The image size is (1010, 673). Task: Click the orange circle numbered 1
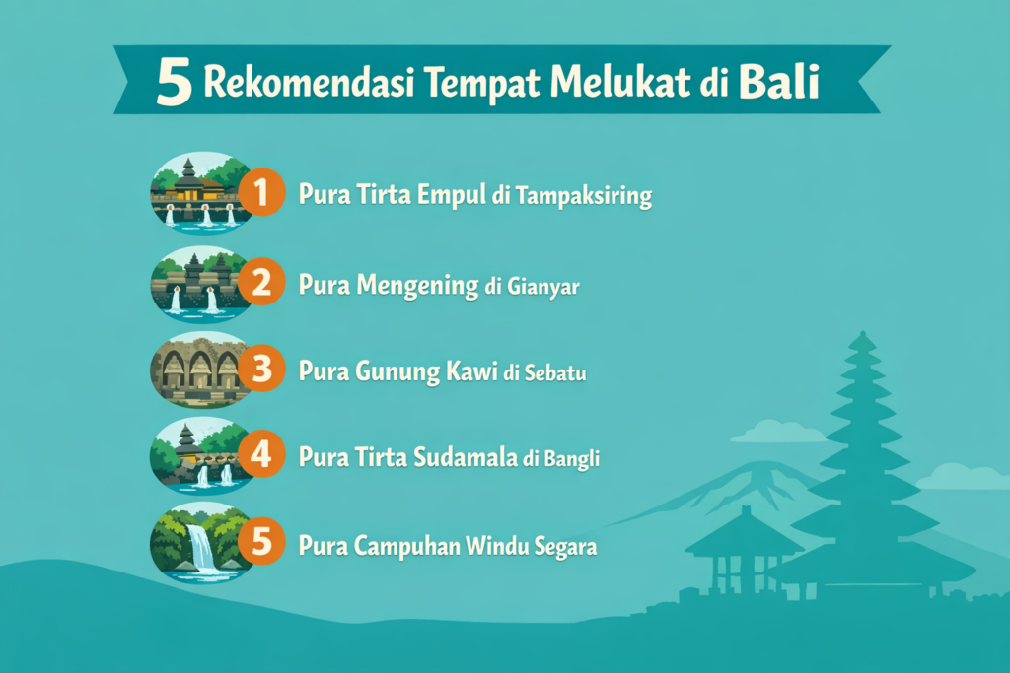tap(259, 193)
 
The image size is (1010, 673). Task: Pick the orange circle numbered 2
tap(260, 284)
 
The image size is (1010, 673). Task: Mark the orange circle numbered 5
tap(260, 544)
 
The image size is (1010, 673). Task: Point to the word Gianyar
tap(545, 287)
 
